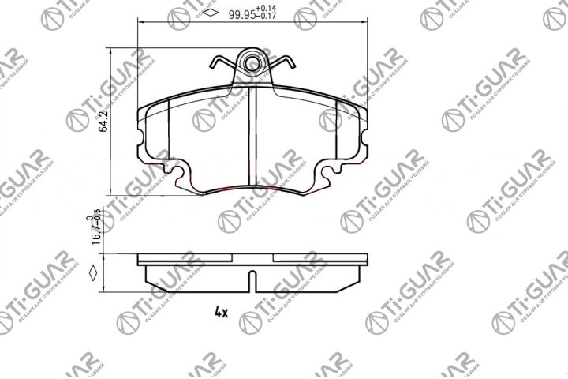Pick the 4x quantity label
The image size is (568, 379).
(x=221, y=312)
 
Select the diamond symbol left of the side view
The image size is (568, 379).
(x=94, y=275)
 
